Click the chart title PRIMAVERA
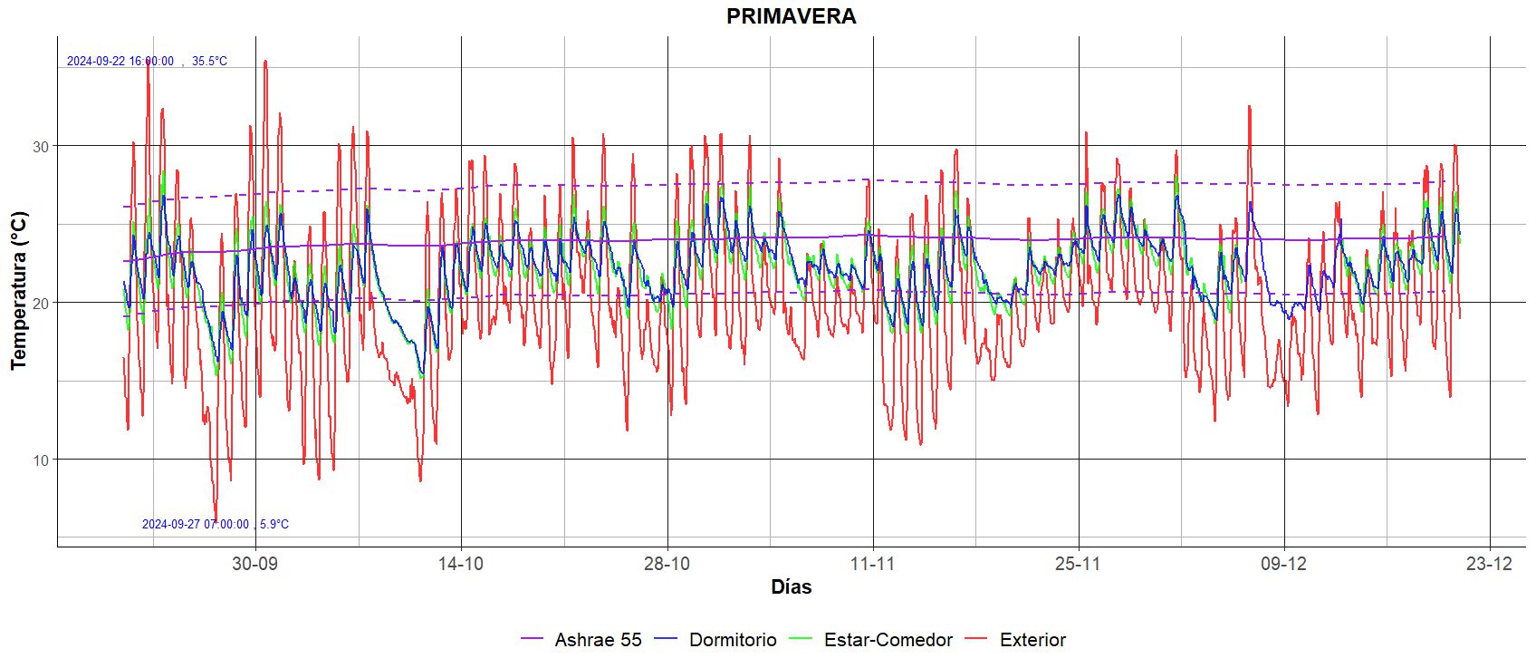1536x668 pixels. click(791, 16)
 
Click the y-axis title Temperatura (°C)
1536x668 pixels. click(19, 290)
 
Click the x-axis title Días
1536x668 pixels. click(791, 587)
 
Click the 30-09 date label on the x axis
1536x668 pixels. click(254, 564)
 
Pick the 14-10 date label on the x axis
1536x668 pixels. click(460, 564)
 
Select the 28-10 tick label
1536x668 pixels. click(667, 564)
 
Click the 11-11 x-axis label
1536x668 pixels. click(872, 564)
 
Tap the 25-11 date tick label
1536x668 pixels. click(1078, 564)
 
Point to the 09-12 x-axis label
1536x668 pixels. click(1284, 564)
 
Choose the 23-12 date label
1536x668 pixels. click(1490, 564)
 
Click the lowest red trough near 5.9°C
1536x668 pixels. click(216, 517)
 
